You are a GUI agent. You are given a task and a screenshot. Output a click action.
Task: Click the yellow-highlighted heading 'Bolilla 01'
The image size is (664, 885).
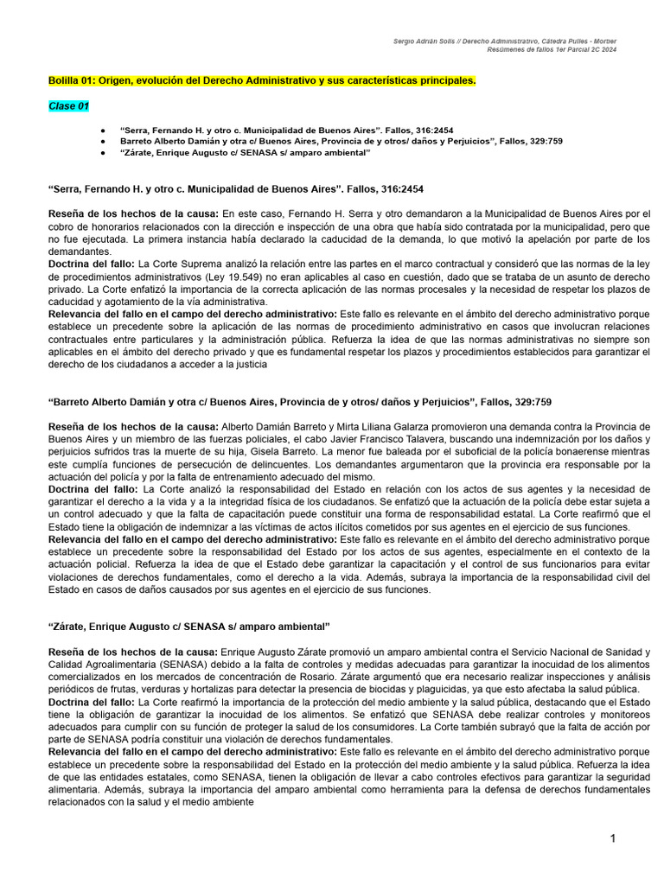point(261,80)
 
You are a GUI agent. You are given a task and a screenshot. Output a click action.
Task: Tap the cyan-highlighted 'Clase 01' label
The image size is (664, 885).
point(68,106)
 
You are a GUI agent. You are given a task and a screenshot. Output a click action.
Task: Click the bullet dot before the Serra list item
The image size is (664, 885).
point(103,129)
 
